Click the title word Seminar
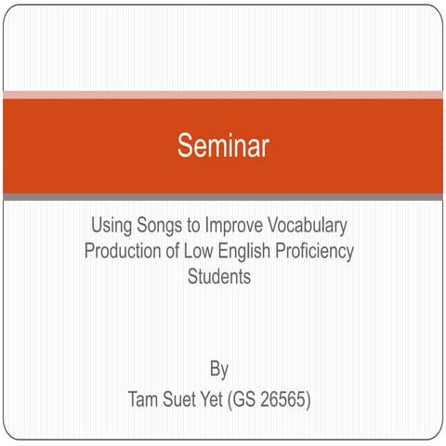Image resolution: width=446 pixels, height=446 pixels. click(x=223, y=145)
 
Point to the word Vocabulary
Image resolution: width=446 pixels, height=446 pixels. click(x=314, y=226)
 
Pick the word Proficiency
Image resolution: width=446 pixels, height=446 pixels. click(x=319, y=251)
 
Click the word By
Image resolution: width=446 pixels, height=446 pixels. click(x=219, y=370)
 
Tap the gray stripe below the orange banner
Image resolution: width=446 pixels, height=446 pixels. click(x=223, y=196)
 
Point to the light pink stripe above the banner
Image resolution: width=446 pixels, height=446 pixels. click(x=223, y=95)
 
